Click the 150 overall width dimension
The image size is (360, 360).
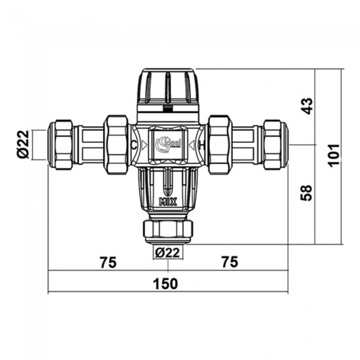pos(166,284)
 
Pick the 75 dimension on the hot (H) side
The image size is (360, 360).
pos(228,262)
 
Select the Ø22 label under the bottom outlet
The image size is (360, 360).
pos(167,253)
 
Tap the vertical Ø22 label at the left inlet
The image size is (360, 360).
pos(23,145)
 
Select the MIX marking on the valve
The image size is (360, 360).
pos(167,202)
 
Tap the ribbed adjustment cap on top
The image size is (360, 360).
pos(167,87)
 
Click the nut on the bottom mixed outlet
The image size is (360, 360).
pos(167,229)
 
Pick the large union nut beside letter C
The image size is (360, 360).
pos(116,145)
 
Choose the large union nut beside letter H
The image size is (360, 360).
pos(219,145)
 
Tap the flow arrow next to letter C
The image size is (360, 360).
pos(143,145)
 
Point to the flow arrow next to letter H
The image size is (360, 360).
pos(193,145)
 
